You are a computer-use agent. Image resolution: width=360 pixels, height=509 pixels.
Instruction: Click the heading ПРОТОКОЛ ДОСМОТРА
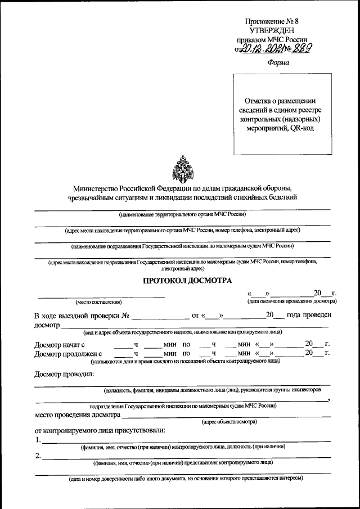182,281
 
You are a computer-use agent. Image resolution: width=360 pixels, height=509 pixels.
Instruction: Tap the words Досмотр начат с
59,344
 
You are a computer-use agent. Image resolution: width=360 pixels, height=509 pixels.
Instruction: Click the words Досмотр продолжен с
67,354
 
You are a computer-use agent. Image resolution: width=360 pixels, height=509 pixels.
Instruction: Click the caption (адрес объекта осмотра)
229,421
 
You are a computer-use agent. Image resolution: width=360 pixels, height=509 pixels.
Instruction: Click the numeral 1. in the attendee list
38,440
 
